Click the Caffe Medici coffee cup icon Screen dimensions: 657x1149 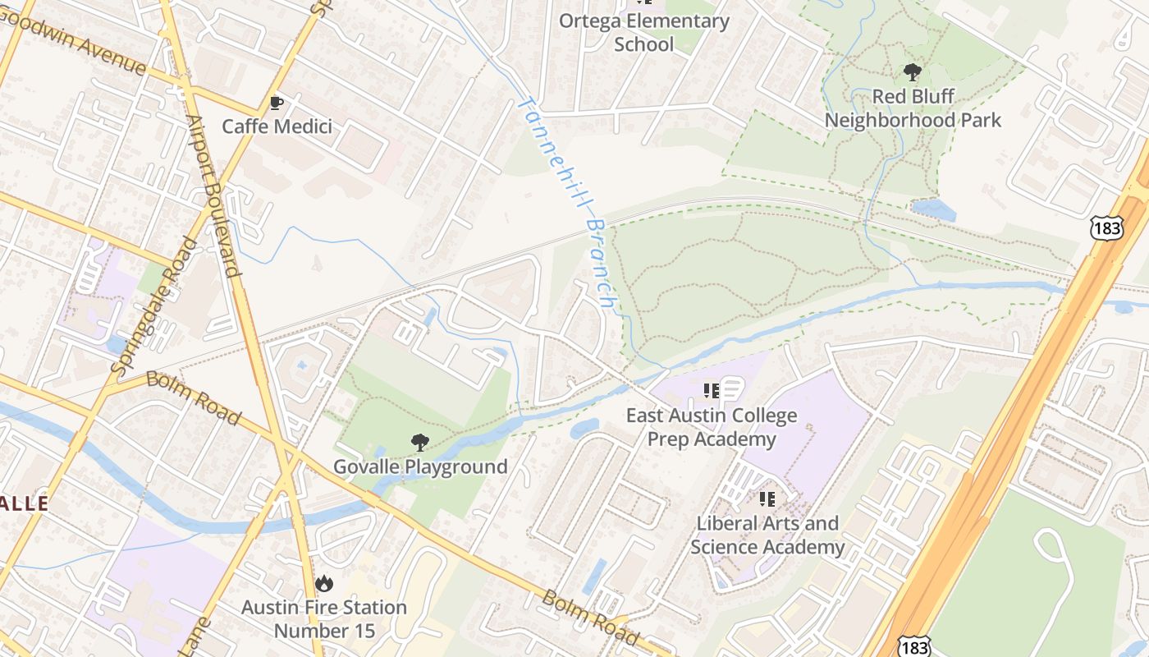click(277, 103)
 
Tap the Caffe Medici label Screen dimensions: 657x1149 click(277, 126)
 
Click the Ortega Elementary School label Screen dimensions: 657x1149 click(643, 32)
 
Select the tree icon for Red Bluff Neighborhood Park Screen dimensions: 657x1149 click(912, 72)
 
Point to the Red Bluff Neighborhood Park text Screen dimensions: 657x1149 click(913, 108)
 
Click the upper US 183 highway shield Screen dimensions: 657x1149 click(1107, 228)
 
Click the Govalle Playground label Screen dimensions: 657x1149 click(420, 467)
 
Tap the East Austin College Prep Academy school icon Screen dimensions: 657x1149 click(712, 391)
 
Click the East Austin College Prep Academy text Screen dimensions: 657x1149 click(712, 427)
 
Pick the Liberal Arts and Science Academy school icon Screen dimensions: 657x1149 click(767, 499)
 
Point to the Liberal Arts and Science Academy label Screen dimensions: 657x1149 click(767, 535)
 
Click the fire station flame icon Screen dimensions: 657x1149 click(324, 584)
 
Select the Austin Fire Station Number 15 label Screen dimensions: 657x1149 click(324, 619)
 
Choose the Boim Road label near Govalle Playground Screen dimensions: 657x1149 click(194, 397)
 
